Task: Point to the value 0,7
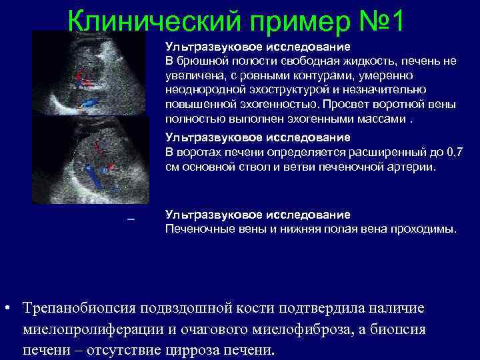453,153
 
